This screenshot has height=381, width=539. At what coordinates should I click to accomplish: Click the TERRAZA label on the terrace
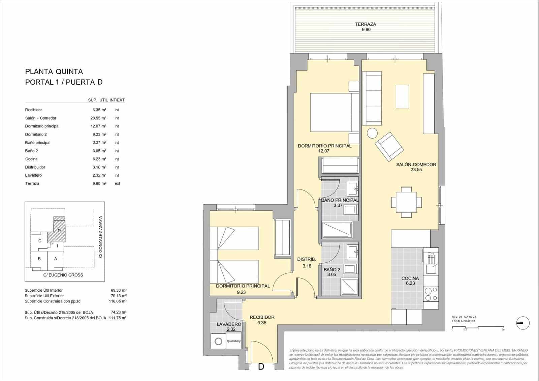click(x=365, y=24)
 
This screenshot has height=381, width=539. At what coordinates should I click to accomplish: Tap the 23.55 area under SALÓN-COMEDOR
click(x=416, y=170)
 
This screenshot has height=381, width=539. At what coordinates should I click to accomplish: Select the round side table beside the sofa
click(x=373, y=134)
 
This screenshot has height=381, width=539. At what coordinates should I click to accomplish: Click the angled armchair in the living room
click(x=389, y=146)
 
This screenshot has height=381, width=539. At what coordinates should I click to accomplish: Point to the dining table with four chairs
click(x=406, y=202)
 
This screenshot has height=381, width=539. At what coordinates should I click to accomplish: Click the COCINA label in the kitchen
click(x=410, y=278)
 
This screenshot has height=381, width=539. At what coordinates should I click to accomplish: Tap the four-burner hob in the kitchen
click(x=431, y=294)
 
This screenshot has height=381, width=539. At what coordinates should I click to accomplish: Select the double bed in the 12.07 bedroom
click(x=334, y=112)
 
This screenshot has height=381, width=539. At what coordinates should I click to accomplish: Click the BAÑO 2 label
click(x=332, y=269)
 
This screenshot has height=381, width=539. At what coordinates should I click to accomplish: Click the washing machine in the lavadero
click(x=218, y=342)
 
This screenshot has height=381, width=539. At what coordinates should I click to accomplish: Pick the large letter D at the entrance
click(x=261, y=367)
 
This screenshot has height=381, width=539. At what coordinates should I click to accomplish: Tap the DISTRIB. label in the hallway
click(x=307, y=259)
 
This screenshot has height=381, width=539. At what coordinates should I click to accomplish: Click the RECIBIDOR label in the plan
click(x=262, y=317)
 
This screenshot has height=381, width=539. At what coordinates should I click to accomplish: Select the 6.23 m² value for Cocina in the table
click(x=99, y=159)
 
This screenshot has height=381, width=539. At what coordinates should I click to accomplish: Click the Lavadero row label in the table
click(x=33, y=175)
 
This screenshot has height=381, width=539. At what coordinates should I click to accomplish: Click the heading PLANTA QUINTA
click(x=54, y=71)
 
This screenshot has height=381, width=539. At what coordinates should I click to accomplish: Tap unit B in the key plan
click(x=39, y=259)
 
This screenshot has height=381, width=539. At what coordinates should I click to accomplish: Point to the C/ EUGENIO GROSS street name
click(x=63, y=275)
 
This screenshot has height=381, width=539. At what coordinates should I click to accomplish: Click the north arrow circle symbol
click(x=522, y=323)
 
